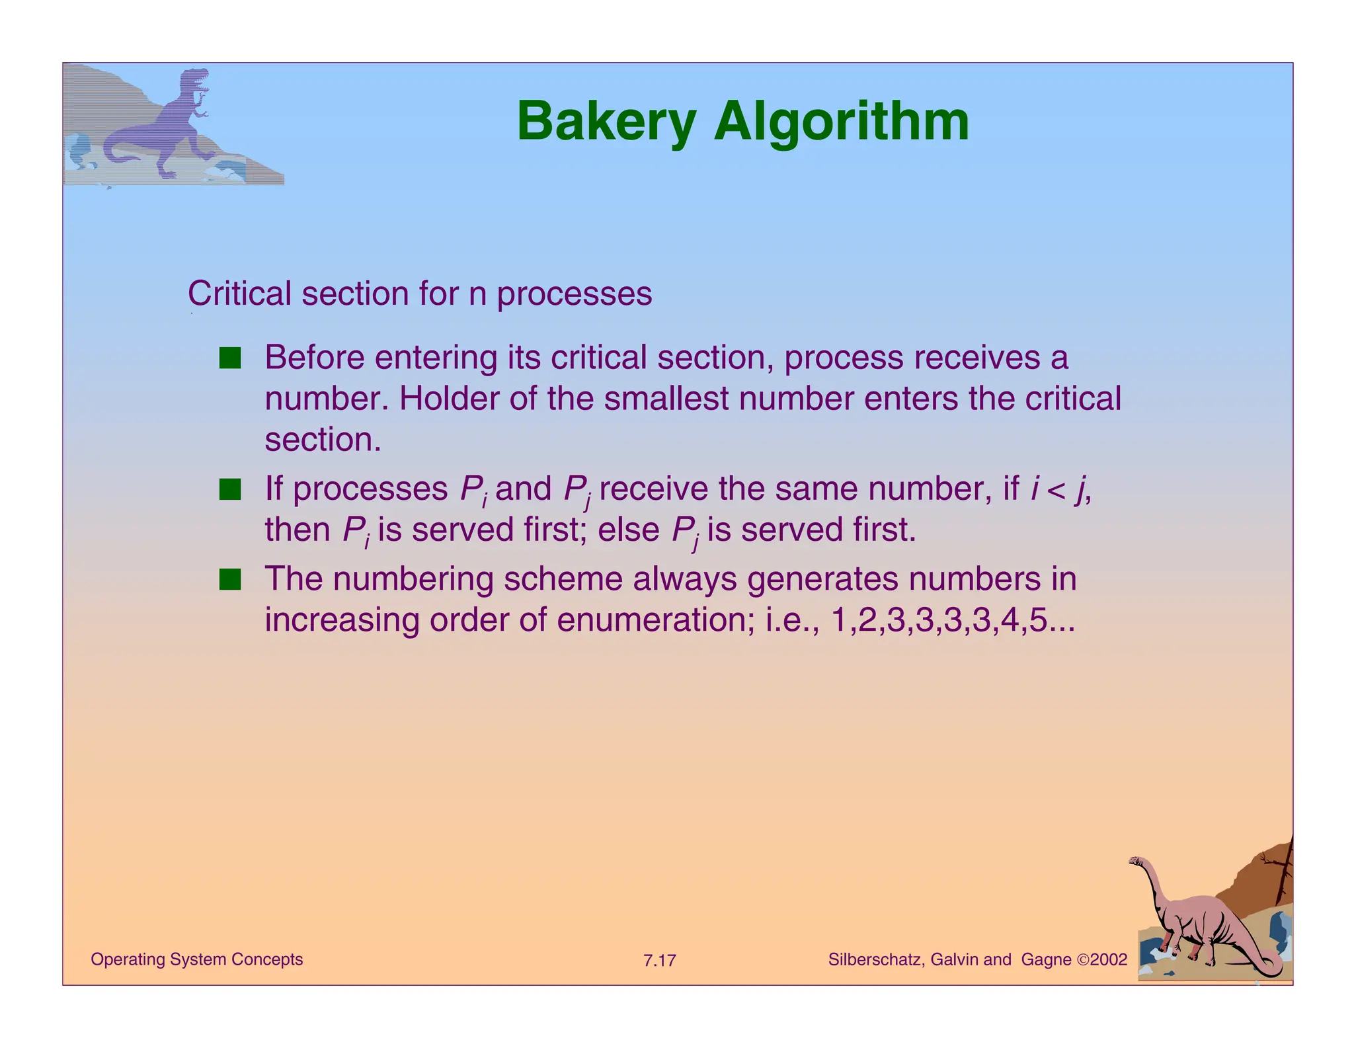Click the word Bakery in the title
(x=606, y=122)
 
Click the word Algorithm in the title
(x=841, y=122)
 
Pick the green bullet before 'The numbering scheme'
(x=230, y=580)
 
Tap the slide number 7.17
(x=659, y=960)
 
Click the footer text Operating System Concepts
(x=196, y=959)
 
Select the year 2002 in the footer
(x=1108, y=959)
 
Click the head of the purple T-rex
(x=196, y=79)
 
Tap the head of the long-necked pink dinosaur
(x=1136, y=862)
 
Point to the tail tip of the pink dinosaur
(x=1277, y=972)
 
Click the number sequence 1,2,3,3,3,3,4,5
(x=952, y=620)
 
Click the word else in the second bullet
(x=629, y=530)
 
